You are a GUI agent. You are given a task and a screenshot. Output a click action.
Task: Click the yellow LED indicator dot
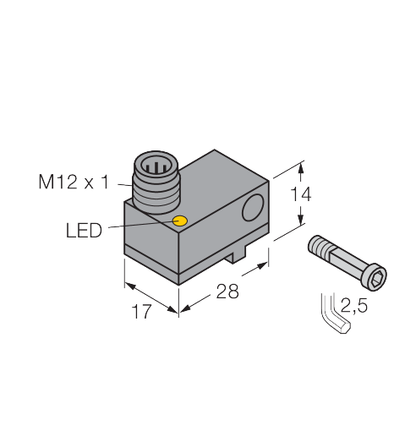pos(180,221)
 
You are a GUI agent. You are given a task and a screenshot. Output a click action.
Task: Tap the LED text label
pos(84,231)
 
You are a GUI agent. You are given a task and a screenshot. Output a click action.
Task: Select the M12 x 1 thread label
pos(74,182)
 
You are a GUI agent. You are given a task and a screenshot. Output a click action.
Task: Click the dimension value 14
pos(301,194)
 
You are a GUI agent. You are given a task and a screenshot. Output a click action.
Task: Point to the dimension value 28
pos(227,292)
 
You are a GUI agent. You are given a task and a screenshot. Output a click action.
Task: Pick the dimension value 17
pos(141,312)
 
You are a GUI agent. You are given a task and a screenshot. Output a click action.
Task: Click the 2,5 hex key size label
pos(354,305)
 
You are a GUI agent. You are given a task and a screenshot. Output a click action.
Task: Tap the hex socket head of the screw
pos(374,277)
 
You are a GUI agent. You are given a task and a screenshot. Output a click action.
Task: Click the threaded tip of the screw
pos(320,245)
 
